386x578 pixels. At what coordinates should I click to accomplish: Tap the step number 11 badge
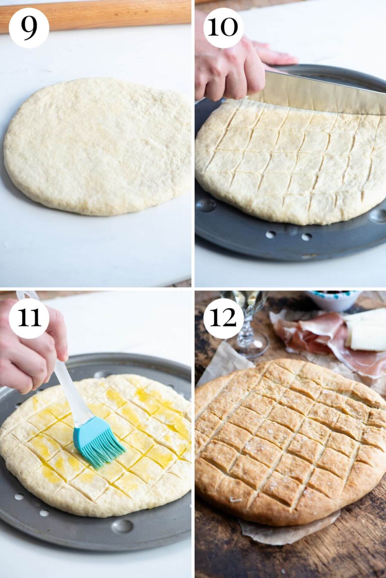pos(29,318)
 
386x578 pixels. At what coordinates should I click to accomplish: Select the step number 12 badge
pos(223,318)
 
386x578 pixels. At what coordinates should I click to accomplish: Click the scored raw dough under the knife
pos(286,166)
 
